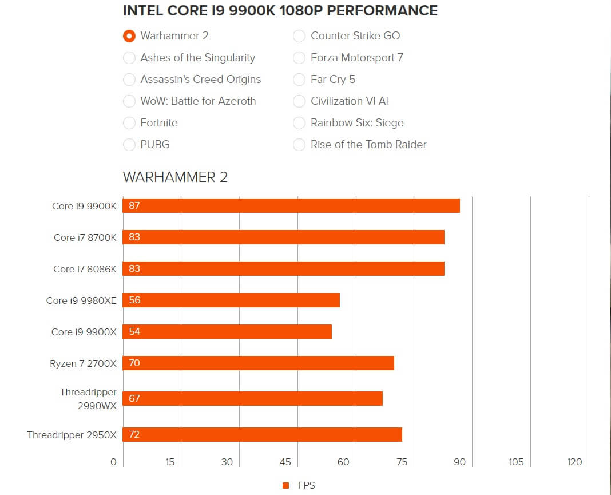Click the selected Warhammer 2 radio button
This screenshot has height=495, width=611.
coord(129,36)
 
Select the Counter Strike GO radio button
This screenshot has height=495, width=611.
coord(299,36)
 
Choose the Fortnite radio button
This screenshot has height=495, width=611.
coord(129,123)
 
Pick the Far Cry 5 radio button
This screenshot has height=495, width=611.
coord(299,80)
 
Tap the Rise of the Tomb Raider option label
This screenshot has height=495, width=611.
coord(368,145)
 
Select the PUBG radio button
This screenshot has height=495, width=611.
coord(129,145)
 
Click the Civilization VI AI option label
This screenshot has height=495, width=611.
coord(349,101)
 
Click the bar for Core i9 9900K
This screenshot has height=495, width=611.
coord(291,206)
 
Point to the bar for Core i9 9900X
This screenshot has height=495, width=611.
coord(227,332)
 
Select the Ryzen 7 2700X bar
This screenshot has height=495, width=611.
coord(259,363)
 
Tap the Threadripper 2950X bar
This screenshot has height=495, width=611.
coord(263,434)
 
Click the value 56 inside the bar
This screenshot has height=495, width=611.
coord(134,300)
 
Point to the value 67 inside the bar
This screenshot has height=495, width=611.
coord(134,399)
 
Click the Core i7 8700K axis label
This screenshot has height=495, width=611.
coord(85,237)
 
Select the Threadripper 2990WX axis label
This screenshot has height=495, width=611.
coord(88,399)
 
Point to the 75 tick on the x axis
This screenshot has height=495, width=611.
coord(402,462)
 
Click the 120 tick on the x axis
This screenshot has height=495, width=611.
coord(574,462)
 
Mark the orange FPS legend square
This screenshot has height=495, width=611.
coord(286,486)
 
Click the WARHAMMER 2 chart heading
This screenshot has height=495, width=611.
coord(175,177)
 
